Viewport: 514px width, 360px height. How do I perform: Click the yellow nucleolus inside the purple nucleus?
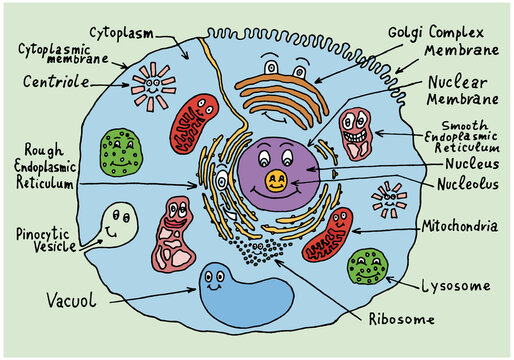click(276, 181)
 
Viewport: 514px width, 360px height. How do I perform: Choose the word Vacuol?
click(68, 297)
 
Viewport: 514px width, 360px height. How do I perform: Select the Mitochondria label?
click(461, 227)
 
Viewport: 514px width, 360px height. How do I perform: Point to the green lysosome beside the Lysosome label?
click(367, 267)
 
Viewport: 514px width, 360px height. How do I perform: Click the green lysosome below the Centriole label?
click(120, 150)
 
